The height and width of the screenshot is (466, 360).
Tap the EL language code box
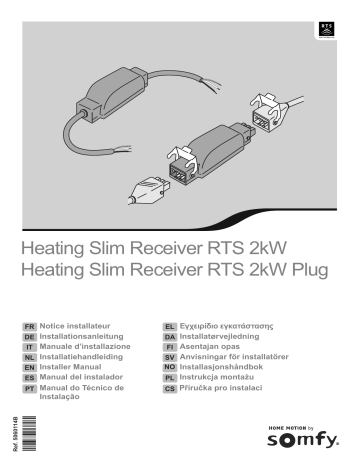click(x=170, y=327)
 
